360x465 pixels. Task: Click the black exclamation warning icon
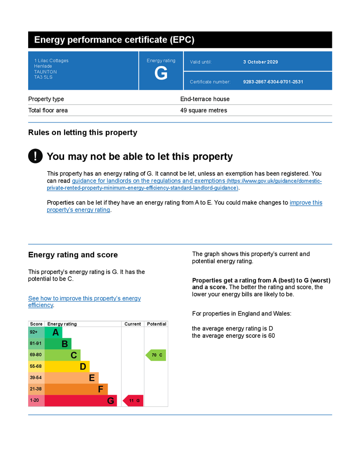(35, 156)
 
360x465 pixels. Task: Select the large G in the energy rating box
(161, 74)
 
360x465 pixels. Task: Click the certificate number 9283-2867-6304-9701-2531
(273, 82)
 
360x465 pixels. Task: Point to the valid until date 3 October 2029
(260, 62)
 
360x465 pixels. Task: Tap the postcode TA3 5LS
(43, 77)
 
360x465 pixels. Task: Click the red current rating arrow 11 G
(133, 401)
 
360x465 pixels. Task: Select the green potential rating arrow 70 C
(156, 355)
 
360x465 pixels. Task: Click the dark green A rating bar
(53, 332)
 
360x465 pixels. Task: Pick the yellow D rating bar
(67, 366)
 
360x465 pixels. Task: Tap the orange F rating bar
(76, 389)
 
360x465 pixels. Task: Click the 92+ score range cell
(36, 332)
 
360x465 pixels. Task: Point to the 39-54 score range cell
(36, 378)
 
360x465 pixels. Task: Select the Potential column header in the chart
(156, 324)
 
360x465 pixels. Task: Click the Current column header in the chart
(133, 324)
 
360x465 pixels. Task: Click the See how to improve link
(84, 298)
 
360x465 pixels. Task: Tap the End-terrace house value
(205, 99)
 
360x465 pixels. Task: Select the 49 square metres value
(203, 110)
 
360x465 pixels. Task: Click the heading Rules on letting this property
(83, 133)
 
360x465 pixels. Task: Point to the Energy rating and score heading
(73, 255)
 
